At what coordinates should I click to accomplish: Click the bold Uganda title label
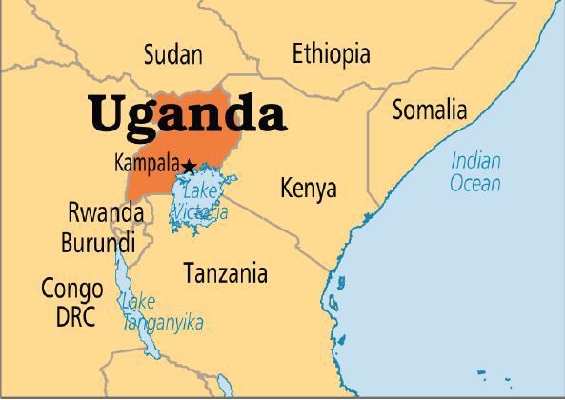tap(188, 115)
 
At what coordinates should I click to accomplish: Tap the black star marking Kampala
tap(189, 167)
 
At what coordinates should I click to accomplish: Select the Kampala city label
tap(145, 163)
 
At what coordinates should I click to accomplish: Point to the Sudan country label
tap(172, 54)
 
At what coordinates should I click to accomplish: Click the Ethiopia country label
tap(331, 52)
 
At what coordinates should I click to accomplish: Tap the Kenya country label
tap(308, 189)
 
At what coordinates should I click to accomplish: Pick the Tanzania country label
tap(225, 274)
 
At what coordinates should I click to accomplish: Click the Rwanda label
tap(105, 212)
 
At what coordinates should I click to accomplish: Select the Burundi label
tap(97, 243)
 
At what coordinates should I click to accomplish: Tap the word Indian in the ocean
tap(475, 160)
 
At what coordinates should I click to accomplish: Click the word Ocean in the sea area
tap(474, 183)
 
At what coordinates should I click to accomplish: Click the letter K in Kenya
tap(287, 189)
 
